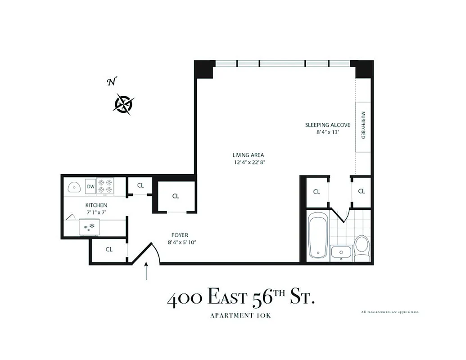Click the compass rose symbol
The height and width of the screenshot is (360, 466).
[123, 104]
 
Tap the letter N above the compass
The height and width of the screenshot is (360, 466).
[112, 81]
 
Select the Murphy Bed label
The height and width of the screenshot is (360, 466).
[363, 125]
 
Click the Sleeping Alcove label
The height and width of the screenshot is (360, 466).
[327, 125]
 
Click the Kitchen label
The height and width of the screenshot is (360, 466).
[96, 205]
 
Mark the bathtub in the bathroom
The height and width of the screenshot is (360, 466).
[317, 236]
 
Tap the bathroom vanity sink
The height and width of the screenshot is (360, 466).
[341, 252]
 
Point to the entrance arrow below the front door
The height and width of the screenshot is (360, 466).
[146, 271]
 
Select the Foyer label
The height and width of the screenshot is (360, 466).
[180, 235]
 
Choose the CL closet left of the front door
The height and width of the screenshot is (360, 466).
[109, 249]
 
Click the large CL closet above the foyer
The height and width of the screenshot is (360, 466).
[176, 196]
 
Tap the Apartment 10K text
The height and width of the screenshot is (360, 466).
[240, 315]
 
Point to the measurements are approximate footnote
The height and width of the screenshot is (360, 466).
[390, 311]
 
